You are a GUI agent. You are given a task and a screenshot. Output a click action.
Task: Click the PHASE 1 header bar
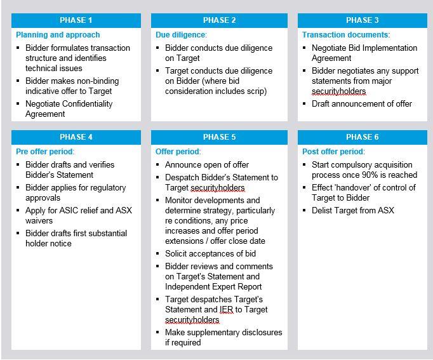click(x=76, y=20)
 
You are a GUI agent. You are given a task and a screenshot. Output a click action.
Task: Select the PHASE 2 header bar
click(x=219, y=20)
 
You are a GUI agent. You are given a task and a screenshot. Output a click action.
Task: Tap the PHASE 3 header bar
click(x=363, y=20)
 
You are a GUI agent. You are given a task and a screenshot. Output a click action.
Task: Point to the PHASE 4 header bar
click(x=76, y=137)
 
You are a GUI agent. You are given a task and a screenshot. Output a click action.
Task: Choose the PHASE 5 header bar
click(x=219, y=137)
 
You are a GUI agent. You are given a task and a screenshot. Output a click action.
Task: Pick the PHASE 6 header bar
click(x=363, y=137)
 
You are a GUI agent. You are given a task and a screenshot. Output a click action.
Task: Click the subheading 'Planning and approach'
click(x=58, y=35)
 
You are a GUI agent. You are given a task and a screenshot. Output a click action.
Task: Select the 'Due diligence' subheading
click(x=181, y=35)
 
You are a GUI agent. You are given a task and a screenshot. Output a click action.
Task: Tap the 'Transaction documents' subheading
click(x=345, y=35)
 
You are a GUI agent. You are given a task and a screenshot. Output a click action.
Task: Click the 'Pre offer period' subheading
click(x=44, y=152)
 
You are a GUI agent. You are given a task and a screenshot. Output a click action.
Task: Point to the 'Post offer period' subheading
click(x=333, y=152)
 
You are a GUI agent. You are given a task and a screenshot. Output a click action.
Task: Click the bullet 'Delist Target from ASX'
click(x=352, y=210)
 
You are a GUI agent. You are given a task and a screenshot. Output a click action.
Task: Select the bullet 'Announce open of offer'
click(x=207, y=165)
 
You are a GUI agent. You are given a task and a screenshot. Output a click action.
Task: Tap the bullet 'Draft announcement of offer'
click(x=361, y=104)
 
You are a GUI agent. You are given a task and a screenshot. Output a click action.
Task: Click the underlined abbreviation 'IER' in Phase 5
click(x=227, y=310)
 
